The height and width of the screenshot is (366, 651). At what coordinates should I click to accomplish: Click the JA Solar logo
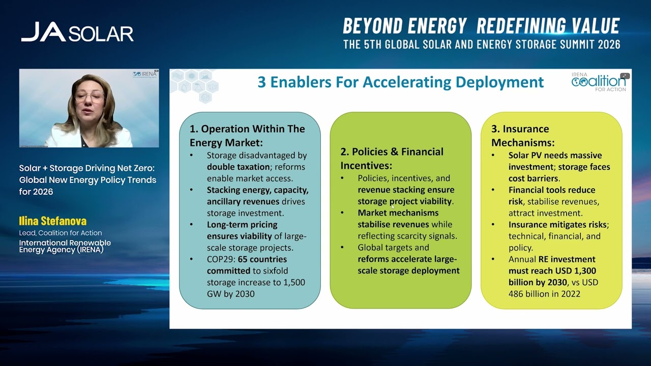(77, 32)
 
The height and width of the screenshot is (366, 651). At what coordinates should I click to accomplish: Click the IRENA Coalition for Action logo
(599, 81)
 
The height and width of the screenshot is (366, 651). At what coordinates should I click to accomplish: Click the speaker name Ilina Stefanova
(53, 221)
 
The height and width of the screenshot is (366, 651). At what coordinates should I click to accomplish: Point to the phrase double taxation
(238, 167)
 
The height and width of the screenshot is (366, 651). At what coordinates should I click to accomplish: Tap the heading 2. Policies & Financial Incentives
(392, 158)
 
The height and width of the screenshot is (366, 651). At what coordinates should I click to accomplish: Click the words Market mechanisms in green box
(398, 213)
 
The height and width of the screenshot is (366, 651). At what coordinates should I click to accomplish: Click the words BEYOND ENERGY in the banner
(405, 26)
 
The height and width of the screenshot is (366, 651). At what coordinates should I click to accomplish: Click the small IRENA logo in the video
(145, 74)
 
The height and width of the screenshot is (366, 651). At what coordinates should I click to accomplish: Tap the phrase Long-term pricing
(242, 225)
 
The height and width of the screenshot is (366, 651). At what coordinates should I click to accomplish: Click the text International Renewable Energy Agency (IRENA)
(65, 247)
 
